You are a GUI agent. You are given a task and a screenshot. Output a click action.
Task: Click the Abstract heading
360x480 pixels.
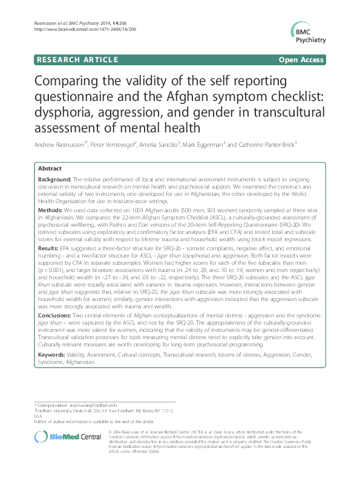pos(49,169)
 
